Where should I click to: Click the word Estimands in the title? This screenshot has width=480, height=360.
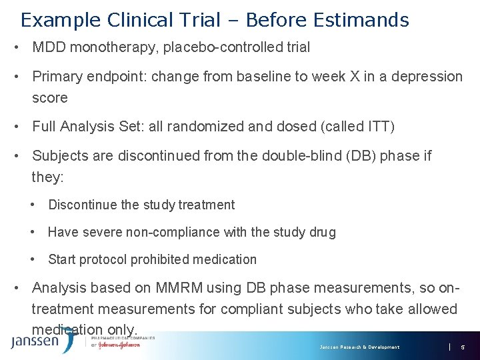click(x=359, y=20)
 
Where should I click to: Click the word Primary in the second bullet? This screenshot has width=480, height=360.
click(x=56, y=77)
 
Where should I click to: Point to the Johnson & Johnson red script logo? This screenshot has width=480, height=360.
click(x=118, y=345)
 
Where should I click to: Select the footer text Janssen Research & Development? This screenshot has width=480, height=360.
click(x=359, y=347)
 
